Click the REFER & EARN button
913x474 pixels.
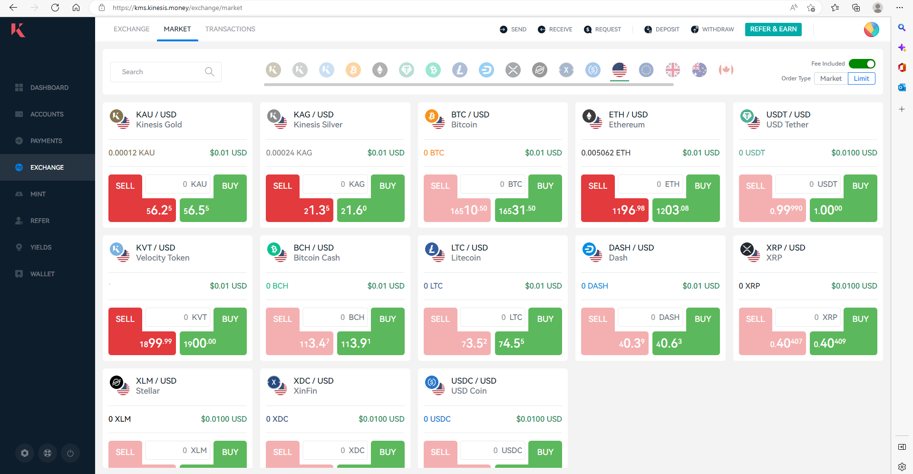[x=773, y=29]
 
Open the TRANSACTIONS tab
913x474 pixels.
[x=230, y=29]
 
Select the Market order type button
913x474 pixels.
[x=831, y=78]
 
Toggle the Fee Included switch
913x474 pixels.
[x=862, y=64]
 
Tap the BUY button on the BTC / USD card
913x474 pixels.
[x=545, y=186]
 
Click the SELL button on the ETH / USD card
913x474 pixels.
[x=598, y=186]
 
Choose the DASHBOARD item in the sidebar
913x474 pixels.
[x=49, y=87]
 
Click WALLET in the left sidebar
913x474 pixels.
[x=42, y=274]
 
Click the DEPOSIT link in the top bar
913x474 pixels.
[x=662, y=29]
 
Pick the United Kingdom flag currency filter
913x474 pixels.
[x=673, y=70]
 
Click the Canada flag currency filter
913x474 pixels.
[x=726, y=70]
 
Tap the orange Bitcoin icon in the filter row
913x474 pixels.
[x=353, y=70]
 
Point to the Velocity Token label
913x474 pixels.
[x=163, y=258]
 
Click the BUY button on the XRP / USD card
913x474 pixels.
[x=860, y=319]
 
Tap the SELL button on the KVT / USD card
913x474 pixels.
[x=125, y=319]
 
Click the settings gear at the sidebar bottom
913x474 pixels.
[x=25, y=453]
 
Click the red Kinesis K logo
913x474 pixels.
[x=18, y=30]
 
